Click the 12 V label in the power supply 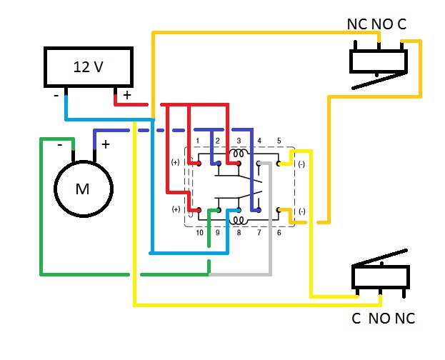[x=89, y=67]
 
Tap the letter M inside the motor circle [x=83, y=189]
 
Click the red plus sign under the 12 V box [x=127, y=95]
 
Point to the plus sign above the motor [x=106, y=145]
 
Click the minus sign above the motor [x=61, y=145]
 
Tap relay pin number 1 [x=197, y=141]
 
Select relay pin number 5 [x=279, y=141]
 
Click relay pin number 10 [x=199, y=233]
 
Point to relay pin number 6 [x=279, y=233]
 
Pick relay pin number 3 [x=239, y=141]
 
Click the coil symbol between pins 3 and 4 [x=238, y=153]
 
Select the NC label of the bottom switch [x=404, y=319]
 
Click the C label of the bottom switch [x=356, y=319]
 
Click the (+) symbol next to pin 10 [x=176, y=210]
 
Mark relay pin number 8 [x=239, y=233]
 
